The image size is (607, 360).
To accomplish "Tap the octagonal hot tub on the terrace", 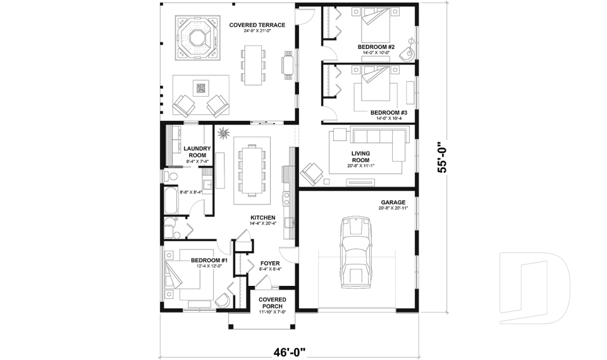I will tap(197, 37).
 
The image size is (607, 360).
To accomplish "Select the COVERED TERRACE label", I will tap(257, 25).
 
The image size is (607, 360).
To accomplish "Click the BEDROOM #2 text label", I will tap(376, 47).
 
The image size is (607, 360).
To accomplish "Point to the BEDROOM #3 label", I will tap(388, 113).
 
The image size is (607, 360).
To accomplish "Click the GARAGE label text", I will tap(393, 202).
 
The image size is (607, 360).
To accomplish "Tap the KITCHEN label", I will tap(262, 217).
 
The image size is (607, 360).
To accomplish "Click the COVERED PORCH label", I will tap(273, 302).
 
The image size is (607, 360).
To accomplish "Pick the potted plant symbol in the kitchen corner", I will tap(223, 132).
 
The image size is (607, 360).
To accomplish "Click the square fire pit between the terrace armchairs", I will tap(201, 89).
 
